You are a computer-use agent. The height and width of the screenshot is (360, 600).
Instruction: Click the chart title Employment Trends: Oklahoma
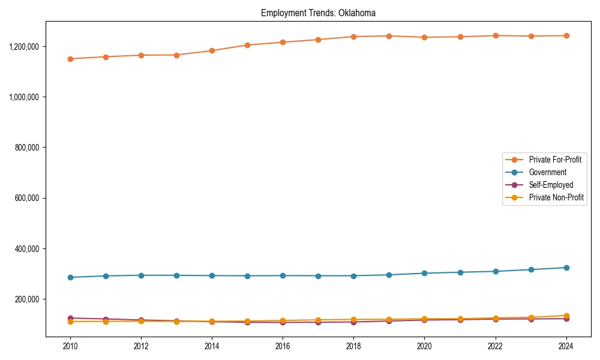pyautogui.click(x=318, y=13)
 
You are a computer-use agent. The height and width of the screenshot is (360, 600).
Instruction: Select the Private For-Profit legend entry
pyautogui.click(x=555, y=160)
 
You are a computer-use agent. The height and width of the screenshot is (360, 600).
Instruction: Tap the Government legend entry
pyautogui.click(x=547, y=172)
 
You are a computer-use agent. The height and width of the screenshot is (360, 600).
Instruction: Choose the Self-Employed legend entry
pyautogui.click(x=551, y=185)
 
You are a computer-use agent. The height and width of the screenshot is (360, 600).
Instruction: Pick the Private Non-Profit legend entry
pyautogui.click(x=556, y=197)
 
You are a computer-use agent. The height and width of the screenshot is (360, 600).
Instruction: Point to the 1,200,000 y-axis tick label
pyautogui.click(x=24, y=46)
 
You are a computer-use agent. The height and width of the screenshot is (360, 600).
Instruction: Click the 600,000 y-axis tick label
pyautogui.click(x=28, y=198)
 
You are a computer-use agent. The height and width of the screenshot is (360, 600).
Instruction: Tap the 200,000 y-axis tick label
pyautogui.click(x=28, y=299)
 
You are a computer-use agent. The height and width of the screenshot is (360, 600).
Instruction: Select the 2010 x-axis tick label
pyautogui.click(x=70, y=346)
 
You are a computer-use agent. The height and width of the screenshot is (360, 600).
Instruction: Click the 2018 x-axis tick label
pyautogui.click(x=353, y=346)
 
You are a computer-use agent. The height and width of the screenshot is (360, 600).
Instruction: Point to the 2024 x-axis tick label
pyautogui.click(x=566, y=346)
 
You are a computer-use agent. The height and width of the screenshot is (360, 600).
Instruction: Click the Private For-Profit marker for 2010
pyautogui.click(x=70, y=59)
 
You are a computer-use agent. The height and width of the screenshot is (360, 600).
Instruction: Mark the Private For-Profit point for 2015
pyautogui.click(x=247, y=45)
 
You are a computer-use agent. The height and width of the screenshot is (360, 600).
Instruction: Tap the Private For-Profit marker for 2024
pyautogui.click(x=566, y=35)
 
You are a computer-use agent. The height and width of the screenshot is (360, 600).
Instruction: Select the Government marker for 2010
pyautogui.click(x=70, y=277)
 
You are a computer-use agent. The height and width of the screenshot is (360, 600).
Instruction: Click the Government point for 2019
pyautogui.click(x=389, y=275)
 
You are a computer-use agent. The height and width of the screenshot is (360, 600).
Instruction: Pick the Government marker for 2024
pyautogui.click(x=566, y=268)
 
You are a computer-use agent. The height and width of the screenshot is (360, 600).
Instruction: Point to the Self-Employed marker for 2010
pyautogui.click(x=70, y=318)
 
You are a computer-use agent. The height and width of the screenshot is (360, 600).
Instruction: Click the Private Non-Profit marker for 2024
pyautogui.click(x=566, y=316)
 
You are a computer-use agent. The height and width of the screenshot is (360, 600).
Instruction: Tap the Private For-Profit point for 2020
pyautogui.click(x=424, y=37)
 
